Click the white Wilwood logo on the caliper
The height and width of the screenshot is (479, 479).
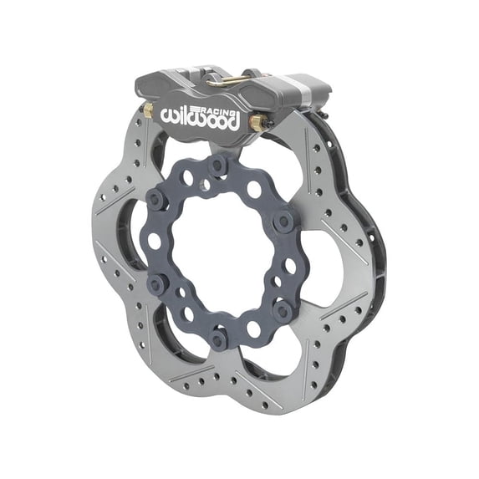click(x=201, y=116)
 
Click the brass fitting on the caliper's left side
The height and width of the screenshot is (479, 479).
click(x=148, y=110)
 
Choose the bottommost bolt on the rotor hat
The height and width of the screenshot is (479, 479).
click(x=219, y=339)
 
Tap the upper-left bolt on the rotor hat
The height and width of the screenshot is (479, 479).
click(x=155, y=199)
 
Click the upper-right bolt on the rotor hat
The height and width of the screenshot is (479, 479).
click(x=283, y=221)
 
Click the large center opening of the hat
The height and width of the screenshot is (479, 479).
click(x=220, y=252)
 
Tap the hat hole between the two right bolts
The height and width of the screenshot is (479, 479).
click(x=288, y=266)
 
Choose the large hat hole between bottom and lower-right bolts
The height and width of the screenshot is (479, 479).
click(x=254, y=329)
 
